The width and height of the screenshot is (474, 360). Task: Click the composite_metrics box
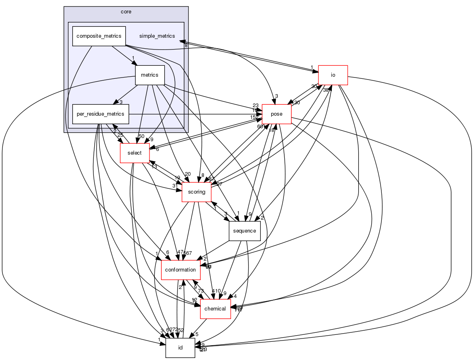(x=99, y=36)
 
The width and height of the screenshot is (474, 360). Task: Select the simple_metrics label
(x=157, y=36)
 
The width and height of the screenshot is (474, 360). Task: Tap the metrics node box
(x=149, y=75)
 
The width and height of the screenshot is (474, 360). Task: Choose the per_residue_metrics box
(x=101, y=114)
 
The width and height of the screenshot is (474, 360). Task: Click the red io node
(x=333, y=75)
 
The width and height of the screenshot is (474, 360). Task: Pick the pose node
(x=277, y=114)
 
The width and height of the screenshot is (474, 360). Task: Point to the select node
(x=134, y=153)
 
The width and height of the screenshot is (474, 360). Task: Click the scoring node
(x=197, y=192)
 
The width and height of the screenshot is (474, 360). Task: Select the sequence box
(x=245, y=231)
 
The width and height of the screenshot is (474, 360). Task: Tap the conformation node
(x=180, y=270)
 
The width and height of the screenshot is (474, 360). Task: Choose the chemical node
(x=215, y=309)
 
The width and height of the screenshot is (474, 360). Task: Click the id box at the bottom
(x=180, y=348)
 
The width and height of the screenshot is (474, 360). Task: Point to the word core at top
(x=126, y=11)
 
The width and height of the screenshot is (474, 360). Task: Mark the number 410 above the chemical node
(x=216, y=291)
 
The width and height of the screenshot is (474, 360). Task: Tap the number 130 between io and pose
(x=296, y=103)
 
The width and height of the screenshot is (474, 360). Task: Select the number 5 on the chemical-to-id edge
(x=197, y=334)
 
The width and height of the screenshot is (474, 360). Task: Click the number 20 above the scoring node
(x=187, y=174)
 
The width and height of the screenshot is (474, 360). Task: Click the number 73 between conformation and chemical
(x=201, y=291)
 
